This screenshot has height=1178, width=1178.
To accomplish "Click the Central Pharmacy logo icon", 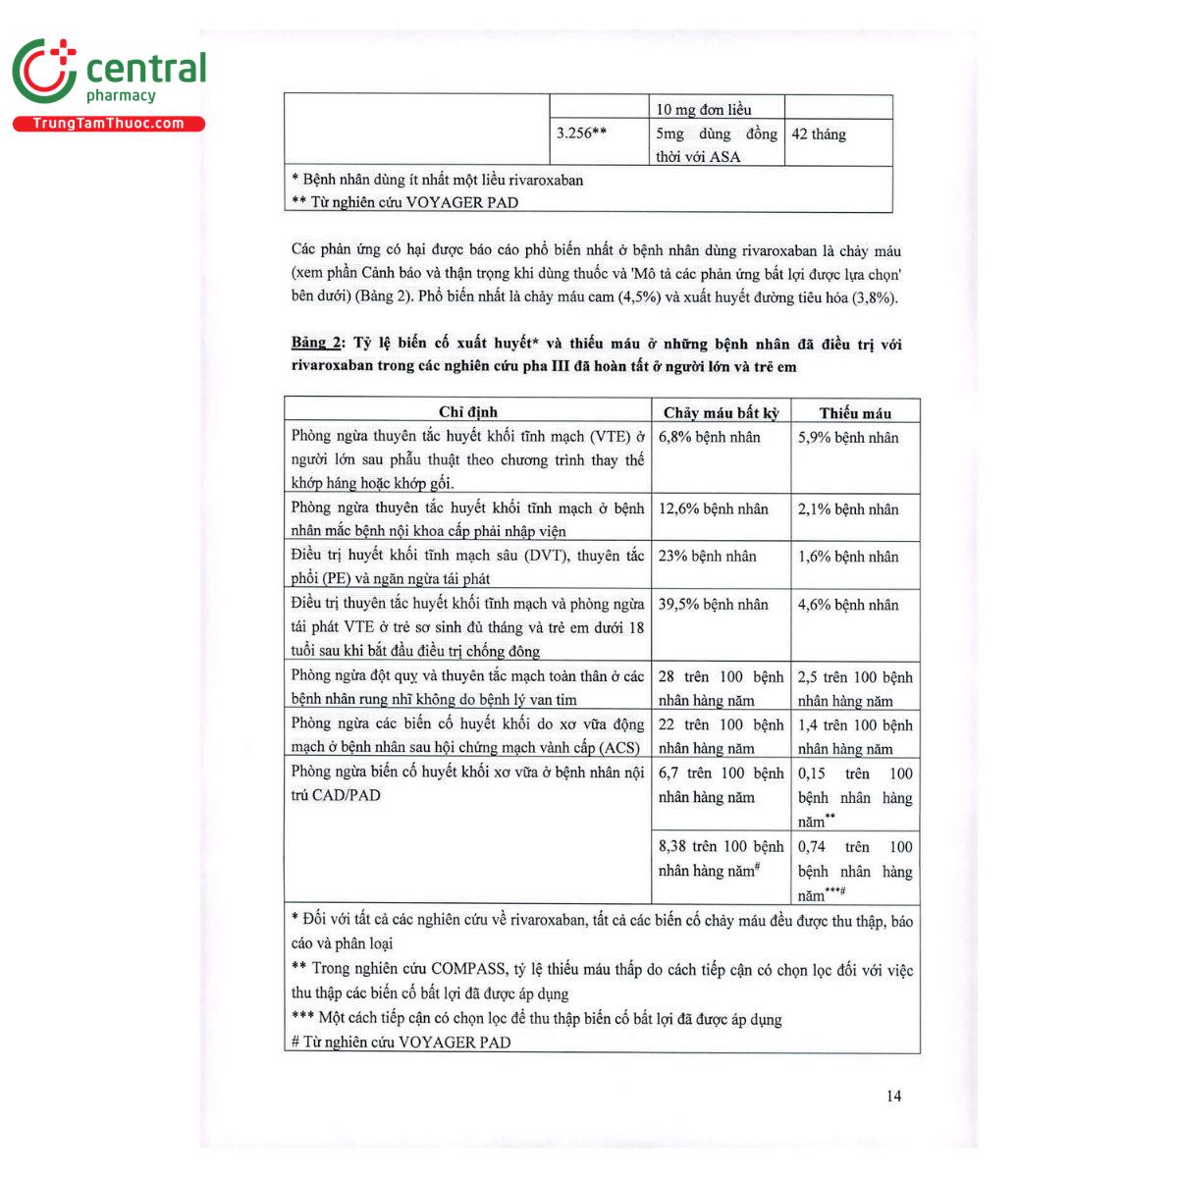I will tap(44, 71).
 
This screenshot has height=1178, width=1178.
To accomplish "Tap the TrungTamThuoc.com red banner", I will tap(108, 124).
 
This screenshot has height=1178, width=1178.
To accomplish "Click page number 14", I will tap(893, 1097).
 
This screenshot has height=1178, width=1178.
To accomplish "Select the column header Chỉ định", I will tap(467, 412).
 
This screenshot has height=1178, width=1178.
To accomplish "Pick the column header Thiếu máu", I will tap(855, 413).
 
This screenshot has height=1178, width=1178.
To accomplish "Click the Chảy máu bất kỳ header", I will tap(721, 413).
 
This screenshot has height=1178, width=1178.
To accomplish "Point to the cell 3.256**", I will tap(581, 134).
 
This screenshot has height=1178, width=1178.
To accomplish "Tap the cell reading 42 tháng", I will tap(819, 134).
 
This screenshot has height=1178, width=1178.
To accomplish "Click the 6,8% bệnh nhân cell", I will tap(709, 438).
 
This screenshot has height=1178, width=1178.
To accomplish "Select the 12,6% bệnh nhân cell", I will tap(713, 509).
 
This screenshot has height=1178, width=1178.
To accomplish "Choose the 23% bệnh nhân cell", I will tap(707, 557).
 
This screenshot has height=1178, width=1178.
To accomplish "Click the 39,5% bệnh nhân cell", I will tap(713, 605).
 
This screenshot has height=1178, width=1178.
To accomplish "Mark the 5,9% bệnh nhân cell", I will tap(848, 438).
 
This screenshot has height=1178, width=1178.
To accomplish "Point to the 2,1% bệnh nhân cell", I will tap(848, 509).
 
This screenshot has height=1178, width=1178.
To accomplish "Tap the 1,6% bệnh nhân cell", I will tap(848, 557).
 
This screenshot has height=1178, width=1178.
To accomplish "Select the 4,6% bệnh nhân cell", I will tap(848, 605).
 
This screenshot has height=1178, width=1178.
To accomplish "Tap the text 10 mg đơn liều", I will tap(704, 109).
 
